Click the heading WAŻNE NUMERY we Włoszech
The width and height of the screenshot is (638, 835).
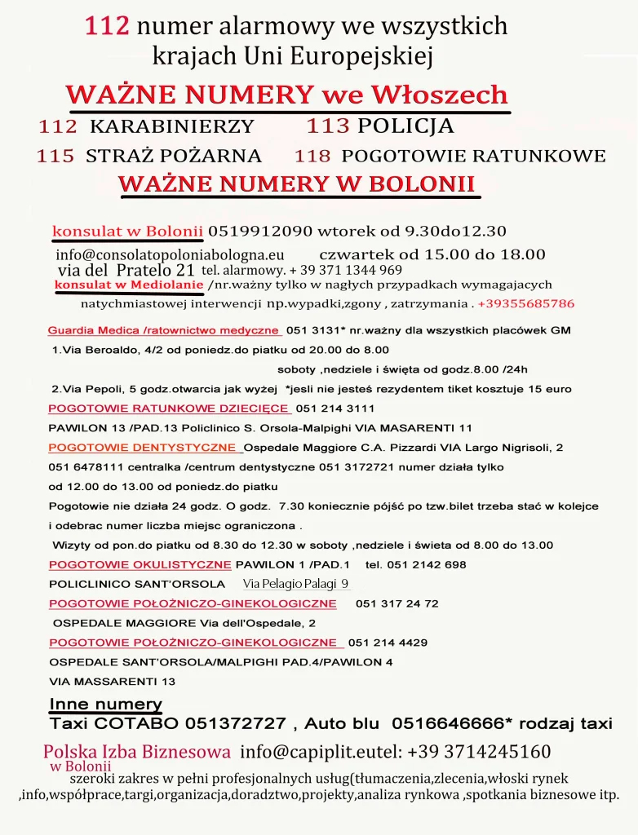[288, 95]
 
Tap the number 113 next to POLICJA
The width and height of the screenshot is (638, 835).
[328, 126]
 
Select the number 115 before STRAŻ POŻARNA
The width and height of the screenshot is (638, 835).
[55, 156]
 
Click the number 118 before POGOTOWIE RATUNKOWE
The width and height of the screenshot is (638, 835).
[312, 156]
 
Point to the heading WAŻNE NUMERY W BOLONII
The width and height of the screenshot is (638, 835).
[297, 183]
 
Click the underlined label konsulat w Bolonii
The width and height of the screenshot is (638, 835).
[127, 231]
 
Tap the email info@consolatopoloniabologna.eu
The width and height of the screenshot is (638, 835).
[170, 254]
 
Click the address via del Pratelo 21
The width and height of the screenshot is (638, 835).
[126, 270]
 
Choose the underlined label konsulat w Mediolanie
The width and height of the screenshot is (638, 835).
[129, 285]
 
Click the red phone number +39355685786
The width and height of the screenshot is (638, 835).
[526, 303]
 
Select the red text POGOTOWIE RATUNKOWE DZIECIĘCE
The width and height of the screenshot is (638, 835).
[169, 409]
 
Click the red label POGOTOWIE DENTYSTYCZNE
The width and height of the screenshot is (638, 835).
[144, 448]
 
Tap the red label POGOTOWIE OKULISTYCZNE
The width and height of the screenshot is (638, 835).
[140, 564]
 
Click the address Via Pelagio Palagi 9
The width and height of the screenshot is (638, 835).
[295, 584]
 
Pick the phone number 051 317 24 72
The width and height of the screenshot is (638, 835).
[397, 603]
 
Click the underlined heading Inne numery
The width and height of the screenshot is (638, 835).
[106, 705]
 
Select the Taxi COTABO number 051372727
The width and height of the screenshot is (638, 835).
[236, 723]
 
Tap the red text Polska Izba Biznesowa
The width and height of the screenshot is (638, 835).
[137, 751]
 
